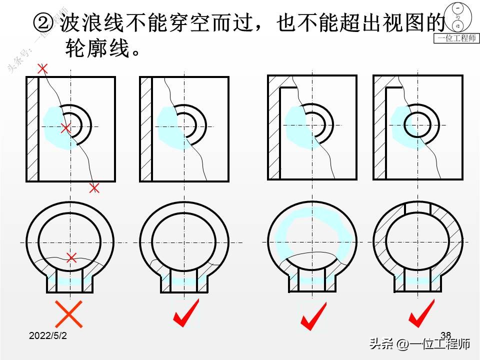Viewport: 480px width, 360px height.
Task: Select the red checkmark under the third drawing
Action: tap(313, 316)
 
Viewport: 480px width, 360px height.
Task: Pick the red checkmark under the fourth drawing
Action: tap(421, 313)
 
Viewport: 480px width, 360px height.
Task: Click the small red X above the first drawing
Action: tap(43, 68)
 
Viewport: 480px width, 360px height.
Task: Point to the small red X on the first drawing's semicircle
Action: tap(65, 128)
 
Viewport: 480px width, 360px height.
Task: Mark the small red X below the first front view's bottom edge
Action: tap(94, 188)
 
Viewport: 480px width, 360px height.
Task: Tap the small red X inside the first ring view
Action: tap(71, 258)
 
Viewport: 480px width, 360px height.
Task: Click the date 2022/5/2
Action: tap(48, 336)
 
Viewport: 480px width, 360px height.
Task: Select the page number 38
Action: tap(446, 334)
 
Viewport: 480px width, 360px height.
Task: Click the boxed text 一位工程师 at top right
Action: tap(456, 38)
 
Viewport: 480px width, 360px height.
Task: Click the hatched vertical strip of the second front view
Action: tap(146, 129)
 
